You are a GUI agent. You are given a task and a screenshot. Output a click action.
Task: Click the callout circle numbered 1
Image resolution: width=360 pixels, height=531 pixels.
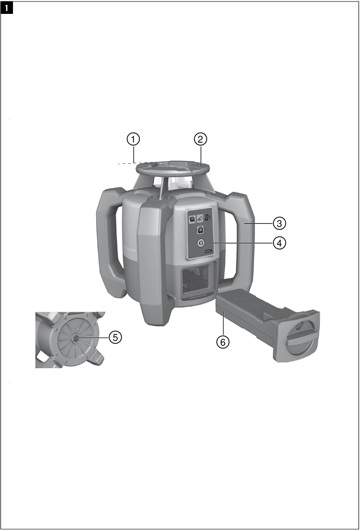tap(134, 138)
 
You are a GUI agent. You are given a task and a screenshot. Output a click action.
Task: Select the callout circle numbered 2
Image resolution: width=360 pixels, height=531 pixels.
tap(201, 138)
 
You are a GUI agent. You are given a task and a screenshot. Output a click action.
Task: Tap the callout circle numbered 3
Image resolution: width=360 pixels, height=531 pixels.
tap(280, 224)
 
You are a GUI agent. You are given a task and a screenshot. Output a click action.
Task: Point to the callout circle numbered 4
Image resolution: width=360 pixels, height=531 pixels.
tap(280, 243)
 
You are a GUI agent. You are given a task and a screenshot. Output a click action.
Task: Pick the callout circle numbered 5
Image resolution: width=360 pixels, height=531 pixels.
tap(115, 337)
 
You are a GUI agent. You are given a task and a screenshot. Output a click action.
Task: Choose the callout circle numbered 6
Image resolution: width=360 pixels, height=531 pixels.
tap(223, 342)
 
